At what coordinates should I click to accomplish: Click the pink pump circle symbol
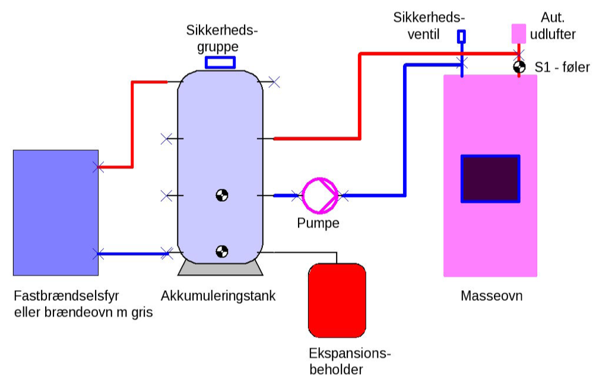pyautogui.click(x=320, y=195)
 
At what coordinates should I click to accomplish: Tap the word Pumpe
pyautogui.click(x=318, y=224)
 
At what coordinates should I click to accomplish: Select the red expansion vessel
pyautogui.click(x=337, y=300)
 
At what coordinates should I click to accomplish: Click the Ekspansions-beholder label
pyautogui.click(x=350, y=361)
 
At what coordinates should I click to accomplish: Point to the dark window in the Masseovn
pyautogui.click(x=490, y=179)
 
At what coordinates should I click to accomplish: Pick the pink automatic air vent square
pyautogui.click(x=519, y=34)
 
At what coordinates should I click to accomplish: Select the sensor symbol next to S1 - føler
pyautogui.click(x=519, y=67)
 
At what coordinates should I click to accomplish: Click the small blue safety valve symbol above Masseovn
pyautogui.click(x=461, y=37)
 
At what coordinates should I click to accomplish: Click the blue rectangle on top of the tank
pyautogui.click(x=220, y=62)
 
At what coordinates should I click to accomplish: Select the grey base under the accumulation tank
pyautogui.click(x=220, y=268)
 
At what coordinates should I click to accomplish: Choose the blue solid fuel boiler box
pyautogui.click(x=55, y=212)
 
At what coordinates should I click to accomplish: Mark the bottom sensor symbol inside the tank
pyautogui.click(x=222, y=252)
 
